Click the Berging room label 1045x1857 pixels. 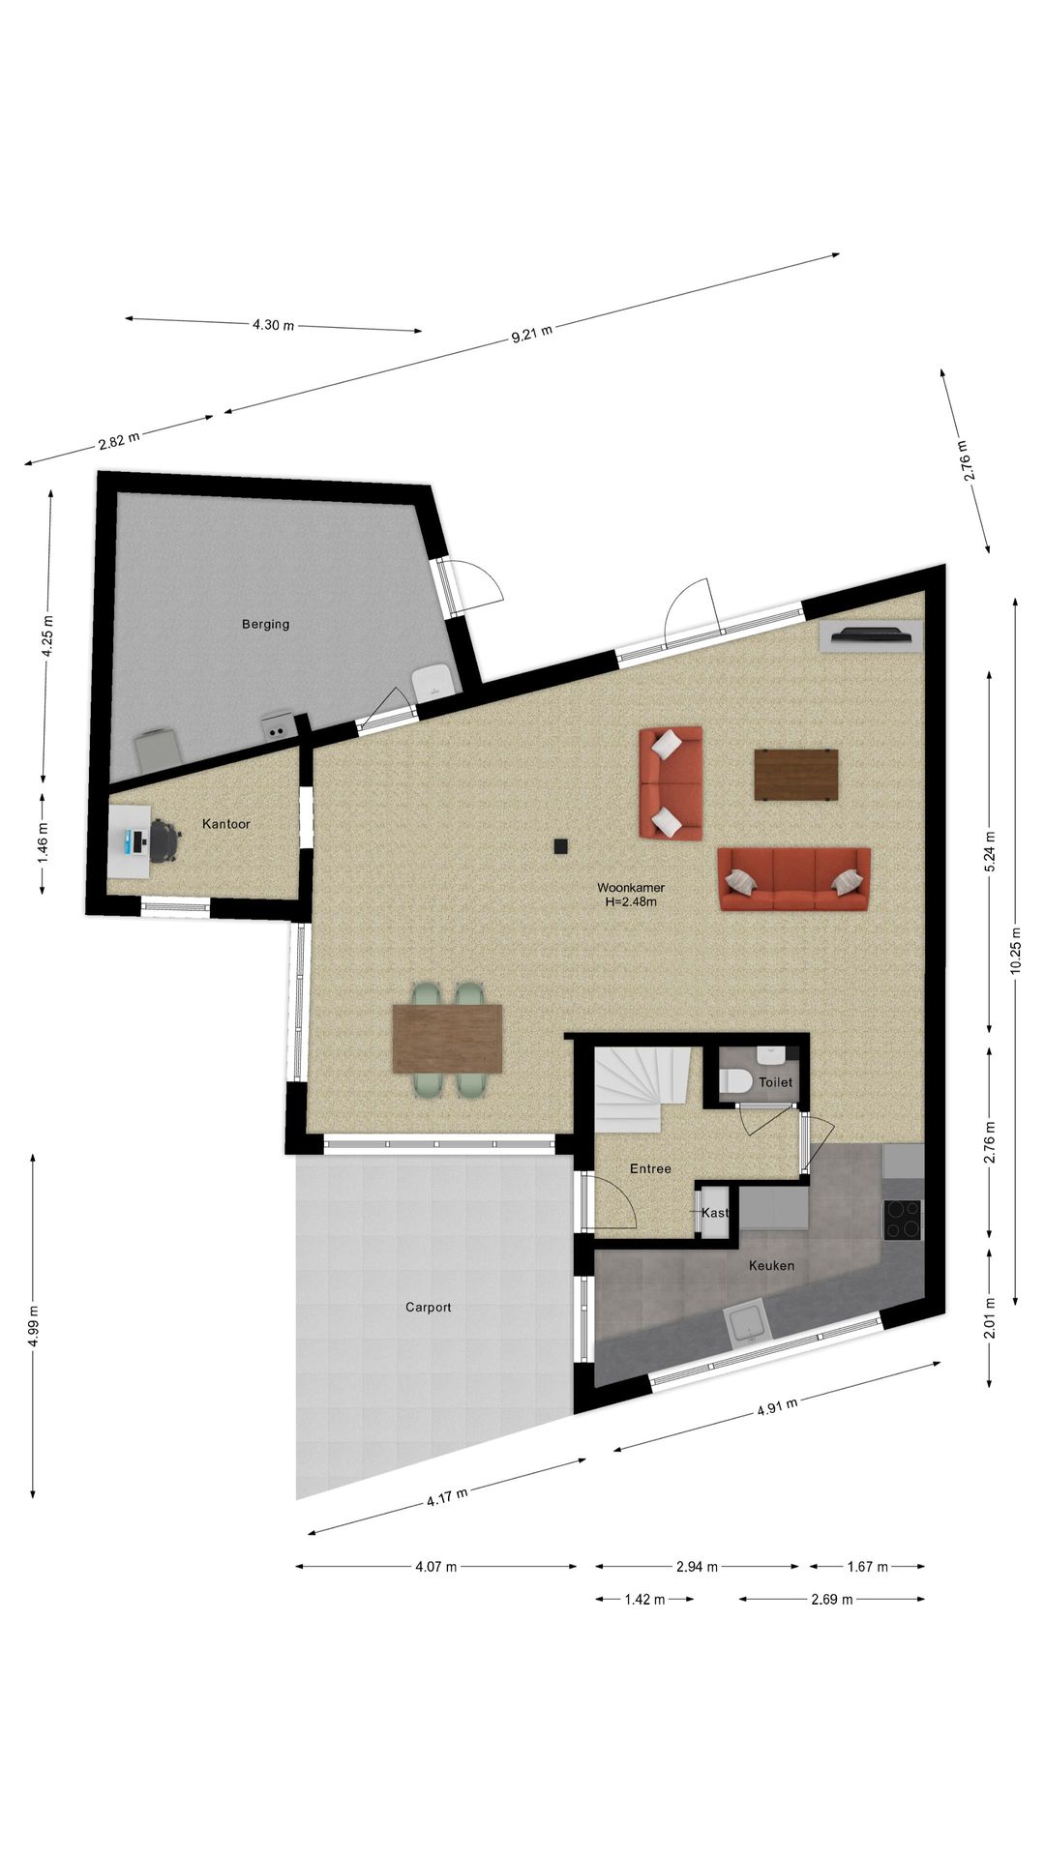[x=265, y=624]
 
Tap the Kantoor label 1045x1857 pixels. [x=226, y=824]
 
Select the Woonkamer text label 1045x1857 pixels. [x=630, y=887]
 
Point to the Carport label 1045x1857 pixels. [x=428, y=1307]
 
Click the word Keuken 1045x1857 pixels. [x=771, y=1265]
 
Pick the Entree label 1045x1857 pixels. [x=650, y=1168]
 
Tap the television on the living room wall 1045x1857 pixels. [x=872, y=634]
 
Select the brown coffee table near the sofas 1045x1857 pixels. [x=795, y=775]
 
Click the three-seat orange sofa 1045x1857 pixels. [x=793, y=879]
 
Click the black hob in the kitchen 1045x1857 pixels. [x=903, y=1220]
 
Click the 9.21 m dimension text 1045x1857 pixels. [x=532, y=334]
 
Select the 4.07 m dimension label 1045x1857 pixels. [x=435, y=1566]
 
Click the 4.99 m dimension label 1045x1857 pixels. [x=34, y=1325]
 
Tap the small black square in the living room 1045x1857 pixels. [x=560, y=846]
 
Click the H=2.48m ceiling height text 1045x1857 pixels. [x=630, y=902]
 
